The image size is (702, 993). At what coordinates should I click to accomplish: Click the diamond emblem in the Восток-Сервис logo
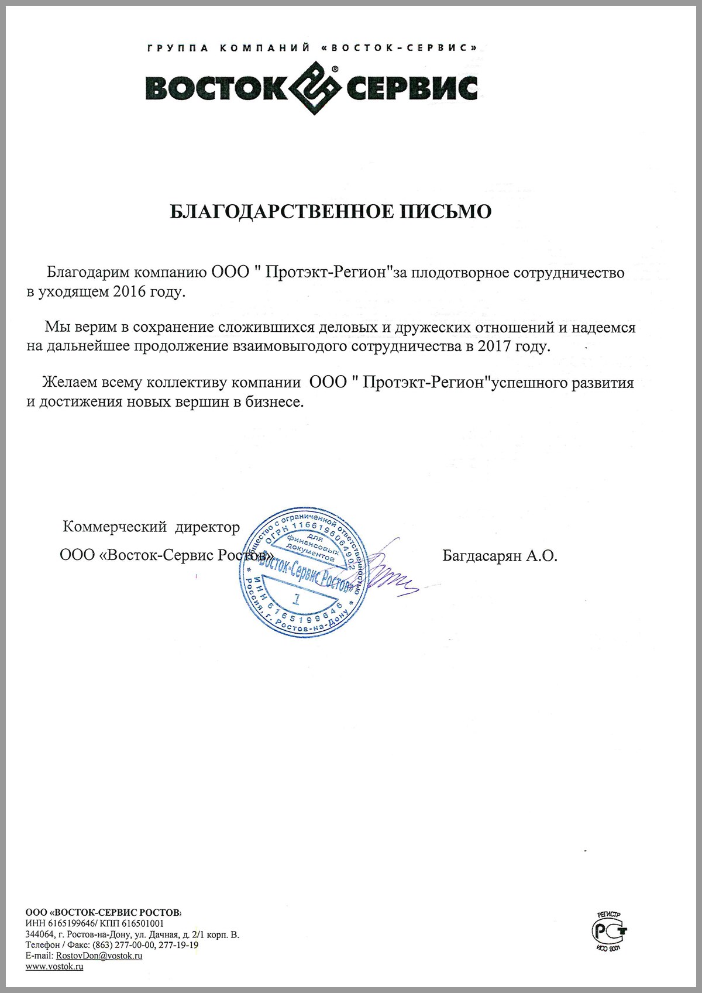point(316,88)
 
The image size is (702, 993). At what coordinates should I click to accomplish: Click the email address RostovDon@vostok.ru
point(99,956)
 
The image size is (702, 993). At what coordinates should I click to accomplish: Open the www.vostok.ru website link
point(54,966)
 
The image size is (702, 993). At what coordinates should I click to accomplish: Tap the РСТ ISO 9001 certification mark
point(609,930)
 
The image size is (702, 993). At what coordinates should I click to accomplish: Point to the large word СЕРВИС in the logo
point(412,88)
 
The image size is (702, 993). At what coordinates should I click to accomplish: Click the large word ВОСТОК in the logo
point(216,88)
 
